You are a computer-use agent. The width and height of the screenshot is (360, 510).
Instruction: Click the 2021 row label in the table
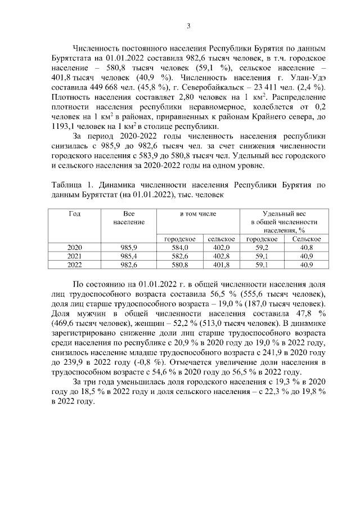(x=74, y=256)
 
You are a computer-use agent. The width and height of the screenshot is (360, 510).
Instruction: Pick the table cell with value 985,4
(x=129, y=256)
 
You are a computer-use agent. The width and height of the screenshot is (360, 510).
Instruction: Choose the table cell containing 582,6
(x=179, y=256)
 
